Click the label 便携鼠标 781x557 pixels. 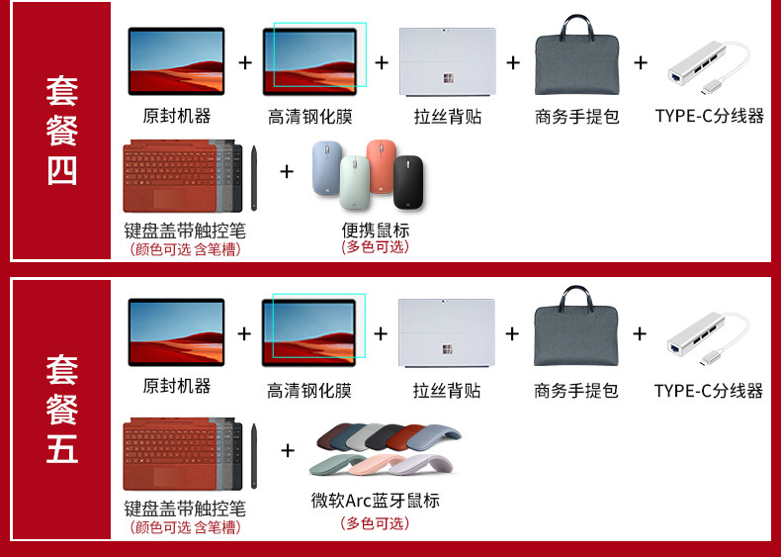coord(375,230)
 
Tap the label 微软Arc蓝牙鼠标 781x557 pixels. coord(375,500)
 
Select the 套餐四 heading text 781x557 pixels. coord(61,131)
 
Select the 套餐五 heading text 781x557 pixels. coord(61,409)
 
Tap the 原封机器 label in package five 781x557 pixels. coord(177,386)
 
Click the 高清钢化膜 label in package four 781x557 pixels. coord(309,117)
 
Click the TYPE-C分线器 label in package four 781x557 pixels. coord(709,116)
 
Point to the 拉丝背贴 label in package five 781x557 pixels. coord(447,391)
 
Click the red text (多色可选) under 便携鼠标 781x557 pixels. coord(375,247)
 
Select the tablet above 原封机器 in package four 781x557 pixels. coord(176,61)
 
